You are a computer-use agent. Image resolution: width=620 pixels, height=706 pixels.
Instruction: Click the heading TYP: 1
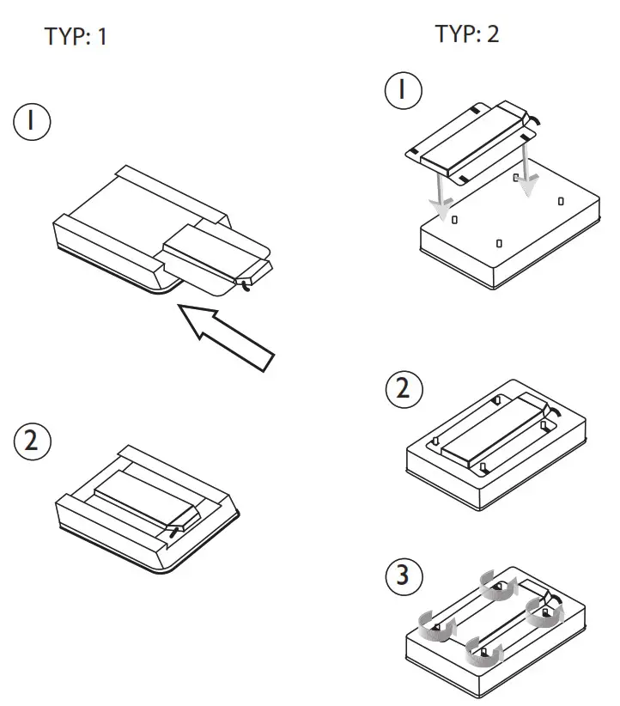[x=76, y=37]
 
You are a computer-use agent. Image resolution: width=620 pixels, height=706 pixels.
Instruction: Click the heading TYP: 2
[x=466, y=34]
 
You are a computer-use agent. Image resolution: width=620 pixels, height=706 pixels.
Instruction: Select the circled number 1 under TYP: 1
[x=31, y=122]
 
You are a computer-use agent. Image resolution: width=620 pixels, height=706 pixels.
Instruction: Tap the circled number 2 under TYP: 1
[x=32, y=443]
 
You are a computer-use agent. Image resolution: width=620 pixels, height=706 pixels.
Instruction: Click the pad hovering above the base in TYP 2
[x=471, y=142]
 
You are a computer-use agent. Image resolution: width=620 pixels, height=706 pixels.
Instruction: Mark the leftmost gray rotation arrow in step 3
[x=435, y=624]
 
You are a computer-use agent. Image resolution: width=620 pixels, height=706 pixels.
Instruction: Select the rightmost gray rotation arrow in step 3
[x=545, y=613]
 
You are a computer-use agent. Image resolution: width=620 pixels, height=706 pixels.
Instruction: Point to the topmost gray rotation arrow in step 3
[x=499, y=587]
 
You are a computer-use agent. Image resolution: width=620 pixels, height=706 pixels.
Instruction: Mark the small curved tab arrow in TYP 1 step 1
[x=248, y=284]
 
